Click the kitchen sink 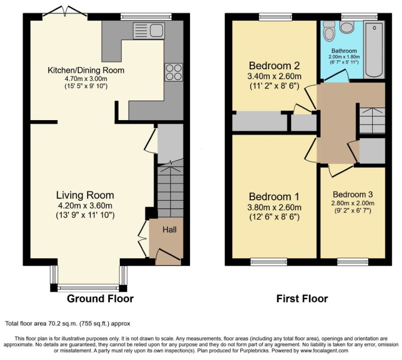point(149,31)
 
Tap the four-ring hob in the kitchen point(174,72)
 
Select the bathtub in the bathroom point(374,49)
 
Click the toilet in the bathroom point(329,31)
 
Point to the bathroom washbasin point(347,27)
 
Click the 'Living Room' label point(85,195)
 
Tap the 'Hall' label point(169,229)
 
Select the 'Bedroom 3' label point(353,194)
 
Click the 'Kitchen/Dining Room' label point(86,70)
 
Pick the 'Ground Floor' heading point(100,299)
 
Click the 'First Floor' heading point(302,299)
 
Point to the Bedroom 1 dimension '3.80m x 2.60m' point(274,207)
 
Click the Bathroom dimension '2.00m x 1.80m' point(344,57)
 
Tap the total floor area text point(68,324)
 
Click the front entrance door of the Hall point(168,256)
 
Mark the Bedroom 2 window point(276,17)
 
